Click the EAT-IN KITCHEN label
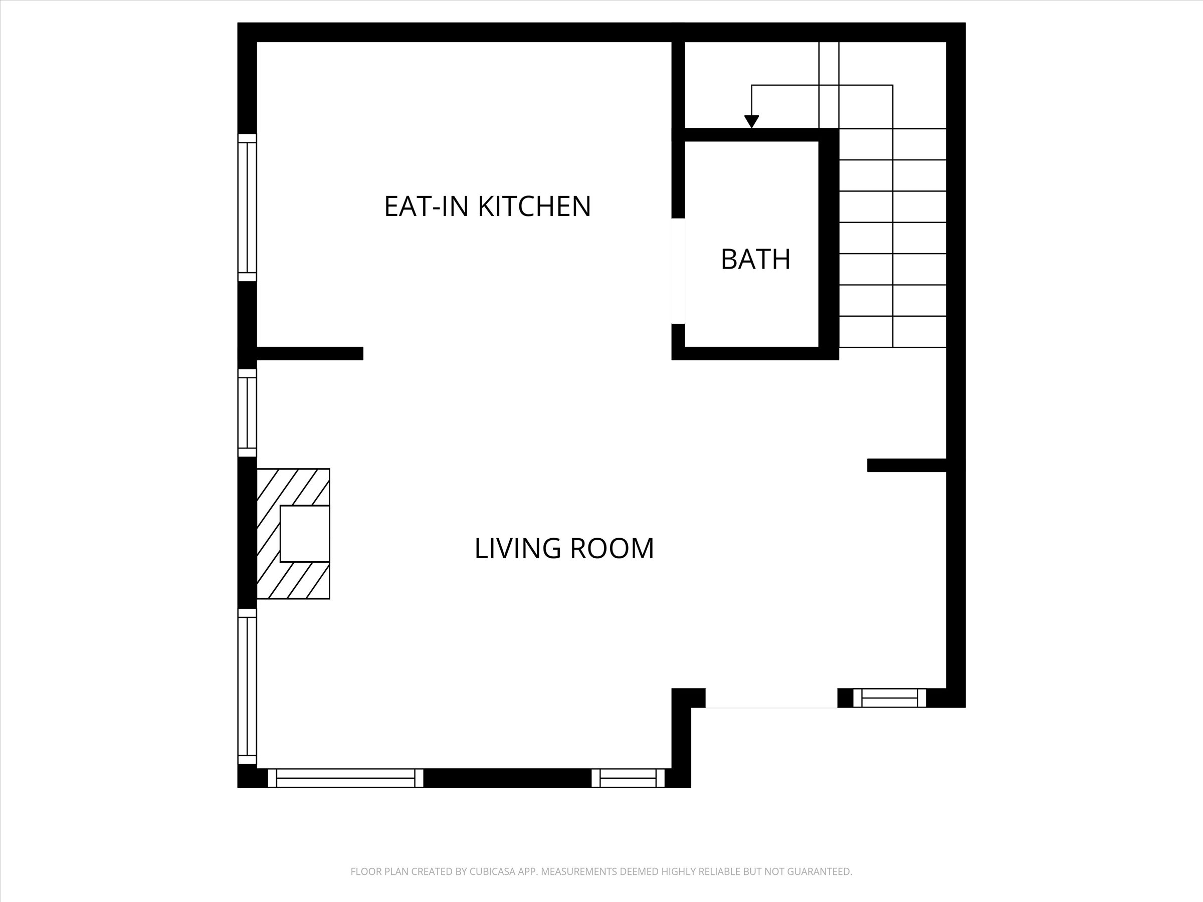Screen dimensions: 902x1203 [x=487, y=206]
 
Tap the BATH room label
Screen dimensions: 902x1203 [x=755, y=260]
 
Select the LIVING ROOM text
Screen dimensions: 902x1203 [x=564, y=548]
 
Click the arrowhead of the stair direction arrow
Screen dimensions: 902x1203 [x=751, y=122]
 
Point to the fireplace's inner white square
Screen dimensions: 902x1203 [x=305, y=533]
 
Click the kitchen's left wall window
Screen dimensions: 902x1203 [x=248, y=207]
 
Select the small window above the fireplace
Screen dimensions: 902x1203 [x=248, y=413]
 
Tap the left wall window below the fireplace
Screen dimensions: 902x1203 [x=248, y=687]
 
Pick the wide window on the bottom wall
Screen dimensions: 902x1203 [x=345, y=778]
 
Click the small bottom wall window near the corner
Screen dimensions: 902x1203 [x=628, y=778]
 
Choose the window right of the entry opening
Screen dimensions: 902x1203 [x=890, y=698]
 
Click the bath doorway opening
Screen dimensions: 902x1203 [x=678, y=271]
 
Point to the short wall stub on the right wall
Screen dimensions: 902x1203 [x=907, y=466]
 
